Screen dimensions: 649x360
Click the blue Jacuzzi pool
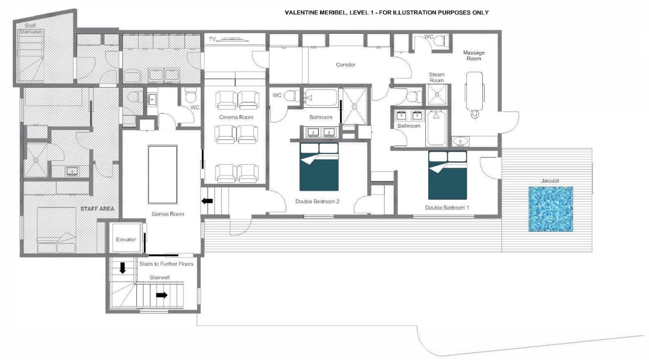click(x=550, y=209)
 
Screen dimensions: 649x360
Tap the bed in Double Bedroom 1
click(x=447, y=175)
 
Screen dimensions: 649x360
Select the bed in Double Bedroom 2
click(x=319, y=167)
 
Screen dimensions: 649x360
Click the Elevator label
click(x=126, y=239)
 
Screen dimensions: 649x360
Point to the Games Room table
click(x=162, y=174)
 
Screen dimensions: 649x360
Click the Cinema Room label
click(x=236, y=117)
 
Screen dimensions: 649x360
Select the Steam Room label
click(x=437, y=77)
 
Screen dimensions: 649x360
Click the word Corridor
click(x=345, y=65)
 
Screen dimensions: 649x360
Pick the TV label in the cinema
click(x=212, y=39)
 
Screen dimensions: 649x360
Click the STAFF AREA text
click(x=97, y=209)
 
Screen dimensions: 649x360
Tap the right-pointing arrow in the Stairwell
click(x=162, y=295)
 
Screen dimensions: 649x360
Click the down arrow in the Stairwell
click(x=123, y=268)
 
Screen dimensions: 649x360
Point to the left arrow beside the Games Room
click(x=207, y=201)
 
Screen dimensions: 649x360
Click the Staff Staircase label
click(x=30, y=28)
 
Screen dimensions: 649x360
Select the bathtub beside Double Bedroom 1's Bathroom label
click(x=436, y=128)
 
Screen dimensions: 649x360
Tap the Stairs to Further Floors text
click(x=166, y=264)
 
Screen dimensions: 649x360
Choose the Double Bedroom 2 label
click(x=317, y=201)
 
